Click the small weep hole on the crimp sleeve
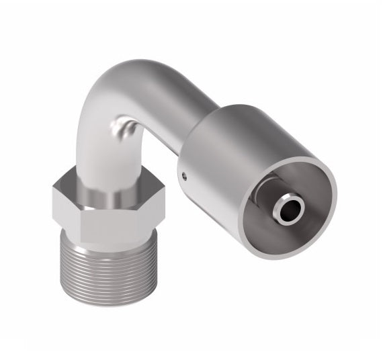pyautogui.click(x=185, y=176)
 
